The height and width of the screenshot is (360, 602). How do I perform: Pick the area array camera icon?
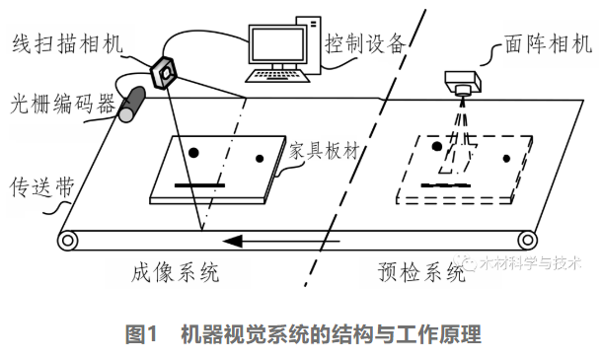pos(463,81)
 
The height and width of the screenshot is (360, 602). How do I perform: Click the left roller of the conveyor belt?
pos(68,239)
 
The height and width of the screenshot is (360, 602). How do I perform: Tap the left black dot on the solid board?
pos(192,151)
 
